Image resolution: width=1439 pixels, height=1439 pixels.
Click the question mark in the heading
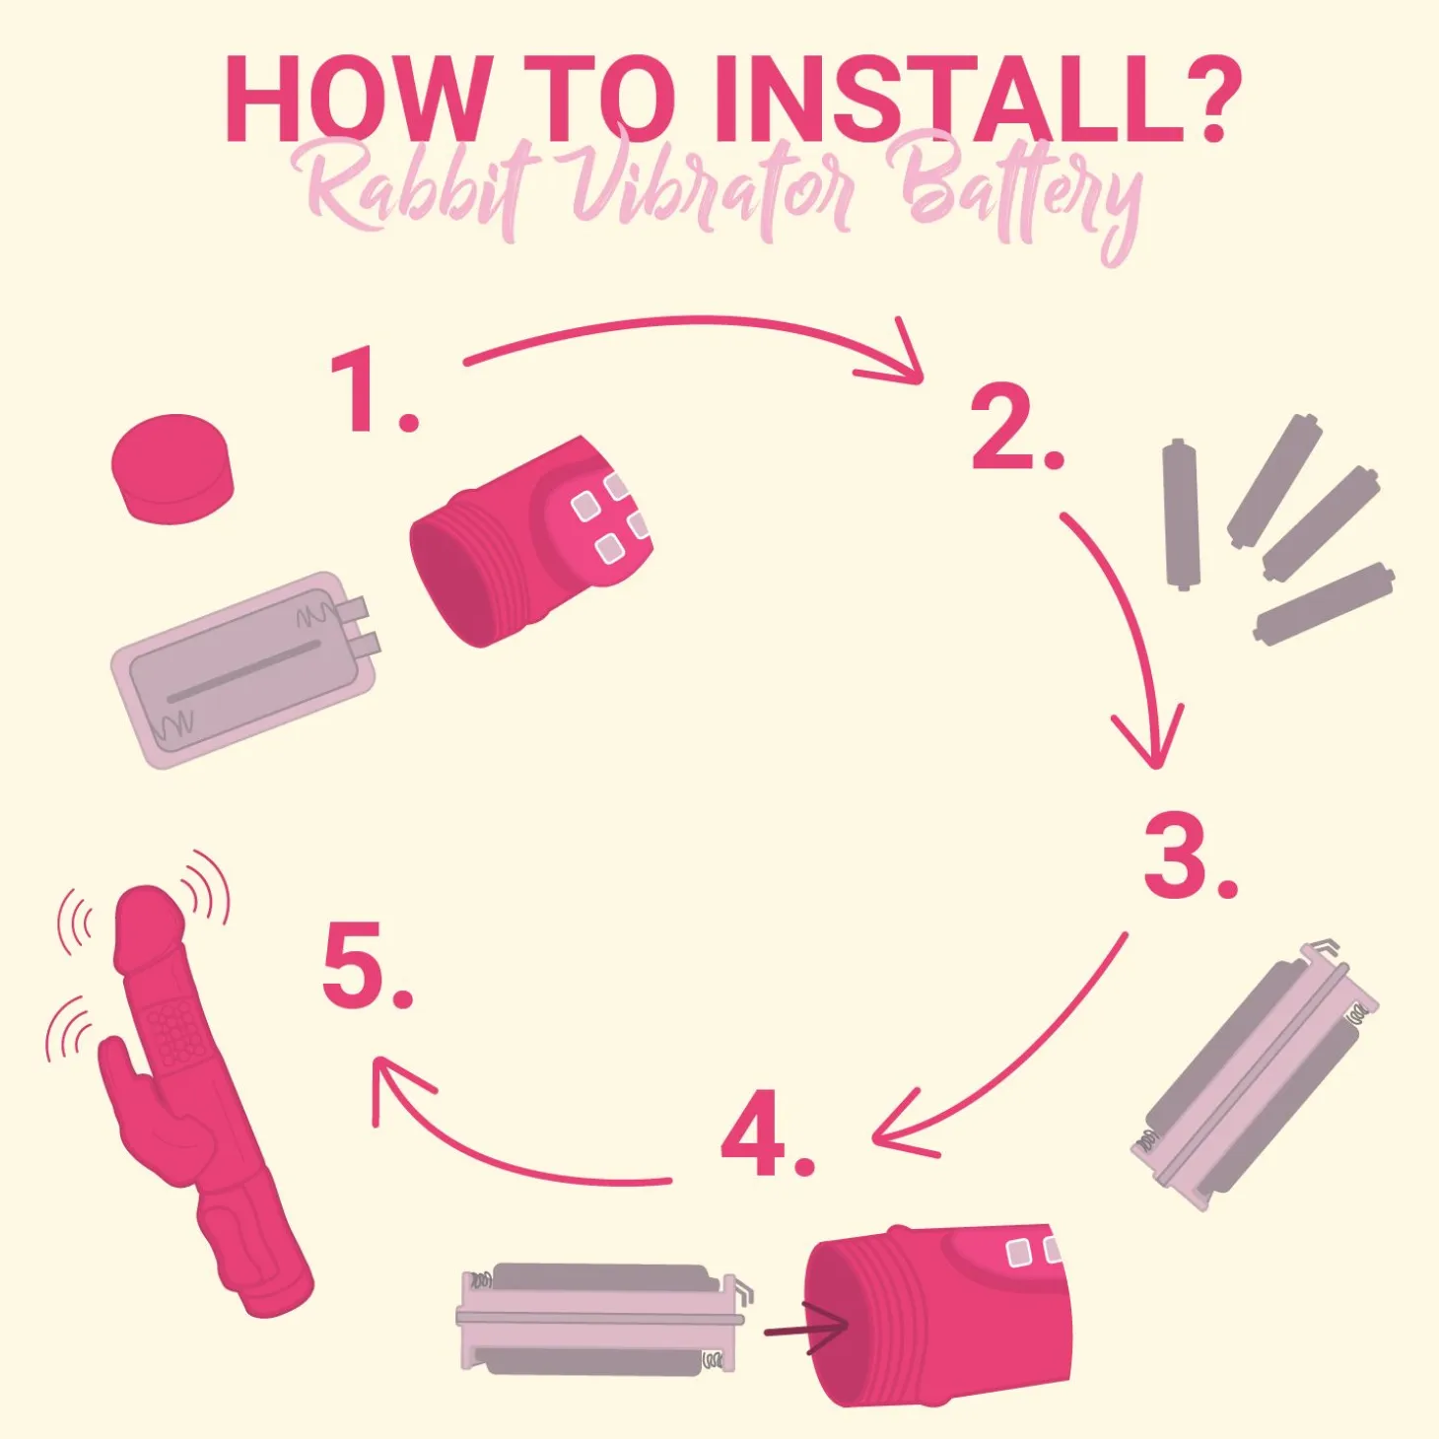(1190, 100)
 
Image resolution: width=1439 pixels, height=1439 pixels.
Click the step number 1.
(375, 393)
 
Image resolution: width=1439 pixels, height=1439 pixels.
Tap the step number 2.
(1016, 429)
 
